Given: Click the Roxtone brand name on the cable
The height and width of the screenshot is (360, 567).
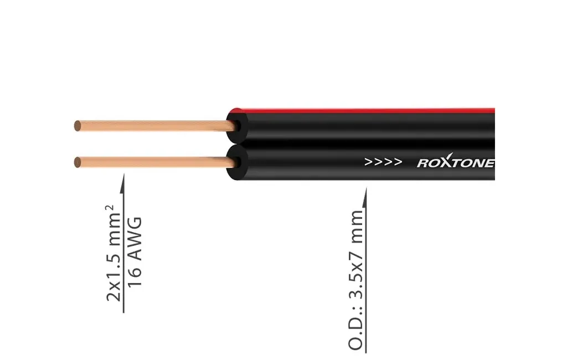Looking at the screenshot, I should (x=455, y=163).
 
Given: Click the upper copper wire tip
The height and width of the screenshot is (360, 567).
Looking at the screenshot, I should (x=78, y=126).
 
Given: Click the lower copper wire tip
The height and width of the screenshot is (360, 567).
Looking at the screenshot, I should (x=78, y=162).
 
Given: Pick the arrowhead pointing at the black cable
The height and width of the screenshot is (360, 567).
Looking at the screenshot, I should (x=365, y=194).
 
